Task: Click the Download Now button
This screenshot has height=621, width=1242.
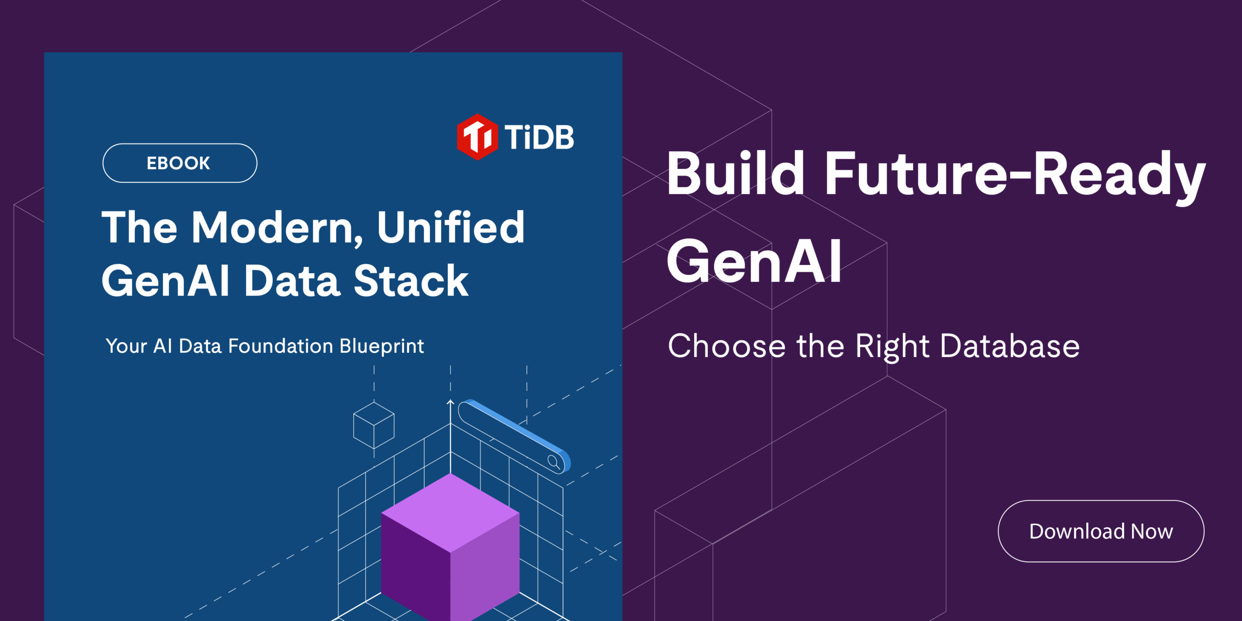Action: click(1100, 531)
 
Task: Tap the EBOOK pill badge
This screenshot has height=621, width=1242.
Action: click(180, 163)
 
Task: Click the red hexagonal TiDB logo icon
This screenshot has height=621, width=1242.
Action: click(477, 137)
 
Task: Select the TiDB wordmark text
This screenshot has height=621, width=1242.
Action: click(539, 137)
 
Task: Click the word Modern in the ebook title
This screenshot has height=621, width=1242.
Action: click(277, 228)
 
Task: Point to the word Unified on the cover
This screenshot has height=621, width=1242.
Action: click(451, 228)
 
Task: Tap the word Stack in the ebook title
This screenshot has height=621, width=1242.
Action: click(411, 281)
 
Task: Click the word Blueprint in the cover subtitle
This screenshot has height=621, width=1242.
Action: click(381, 346)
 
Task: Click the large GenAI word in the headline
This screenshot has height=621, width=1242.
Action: click(754, 262)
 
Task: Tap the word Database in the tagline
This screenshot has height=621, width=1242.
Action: click(1010, 346)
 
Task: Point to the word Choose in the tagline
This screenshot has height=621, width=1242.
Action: click(726, 346)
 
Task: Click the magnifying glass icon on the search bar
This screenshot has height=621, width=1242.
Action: click(554, 461)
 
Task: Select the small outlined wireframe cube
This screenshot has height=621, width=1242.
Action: click(374, 425)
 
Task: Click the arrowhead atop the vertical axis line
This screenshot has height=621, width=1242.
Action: click(450, 402)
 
